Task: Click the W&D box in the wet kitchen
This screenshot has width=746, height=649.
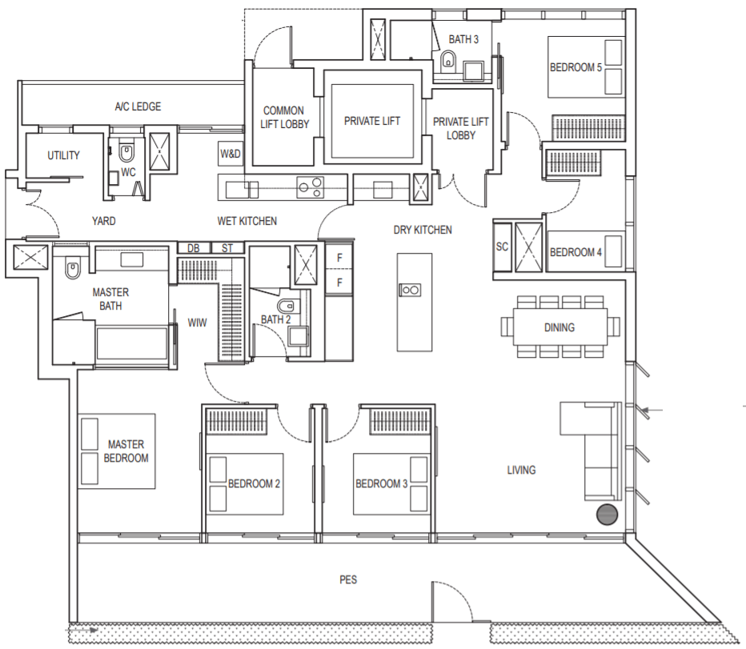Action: pyautogui.click(x=231, y=154)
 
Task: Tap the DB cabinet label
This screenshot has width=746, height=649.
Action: pyautogui.click(x=193, y=248)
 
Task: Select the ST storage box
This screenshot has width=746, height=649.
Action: pyautogui.click(x=227, y=248)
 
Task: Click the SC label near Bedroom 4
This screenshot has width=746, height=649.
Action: pyautogui.click(x=502, y=246)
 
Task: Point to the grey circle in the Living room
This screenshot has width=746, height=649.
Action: pyautogui.click(x=607, y=515)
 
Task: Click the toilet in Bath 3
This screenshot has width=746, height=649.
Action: pyautogui.click(x=447, y=61)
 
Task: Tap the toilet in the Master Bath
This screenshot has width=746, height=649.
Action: pyautogui.click(x=72, y=270)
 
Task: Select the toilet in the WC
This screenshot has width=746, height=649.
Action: pyautogui.click(x=126, y=153)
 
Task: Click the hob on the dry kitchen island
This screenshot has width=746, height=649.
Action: pyautogui.click(x=410, y=290)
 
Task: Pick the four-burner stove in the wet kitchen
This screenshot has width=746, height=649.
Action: pyautogui.click(x=311, y=186)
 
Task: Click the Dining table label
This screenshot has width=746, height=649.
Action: pyautogui.click(x=559, y=327)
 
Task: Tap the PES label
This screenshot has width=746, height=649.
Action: pyautogui.click(x=348, y=579)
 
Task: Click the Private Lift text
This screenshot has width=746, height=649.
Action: pyautogui.click(x=372, y=121)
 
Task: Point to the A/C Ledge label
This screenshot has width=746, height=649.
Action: pyautogui.click(x=138, y=106)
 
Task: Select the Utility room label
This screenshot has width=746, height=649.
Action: pyautogui.click(x=63, y=155)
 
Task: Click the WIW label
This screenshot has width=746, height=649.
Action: pyautogui.click(x=197, y=322)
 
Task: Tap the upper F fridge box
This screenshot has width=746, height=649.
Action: pyautogui.click(x=339, y=258)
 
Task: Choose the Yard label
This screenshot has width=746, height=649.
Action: pyautogui.click(x=104, y=221)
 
